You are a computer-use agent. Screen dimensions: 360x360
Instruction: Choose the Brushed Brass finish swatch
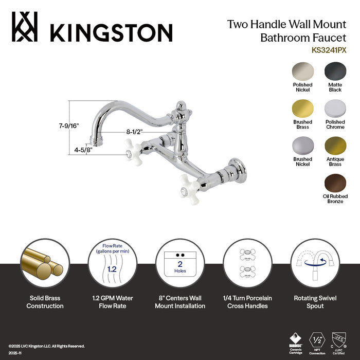(x=302, y=108)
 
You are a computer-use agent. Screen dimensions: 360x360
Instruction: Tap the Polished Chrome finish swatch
(x=335, y=108)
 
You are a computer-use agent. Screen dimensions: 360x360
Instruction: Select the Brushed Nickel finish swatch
(x=302, y=146)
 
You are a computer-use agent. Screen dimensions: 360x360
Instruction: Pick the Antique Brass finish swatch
(x=335, y=146)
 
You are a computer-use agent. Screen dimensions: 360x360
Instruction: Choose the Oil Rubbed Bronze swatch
(x=335, y=183)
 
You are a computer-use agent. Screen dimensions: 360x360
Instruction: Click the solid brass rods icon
(x=45, y=263)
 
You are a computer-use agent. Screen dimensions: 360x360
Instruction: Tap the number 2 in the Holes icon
(x=180, y=264)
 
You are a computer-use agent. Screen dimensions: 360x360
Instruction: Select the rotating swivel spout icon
(x=315, y=263)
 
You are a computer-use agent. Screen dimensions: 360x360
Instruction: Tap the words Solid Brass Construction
(x=46, y=302)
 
